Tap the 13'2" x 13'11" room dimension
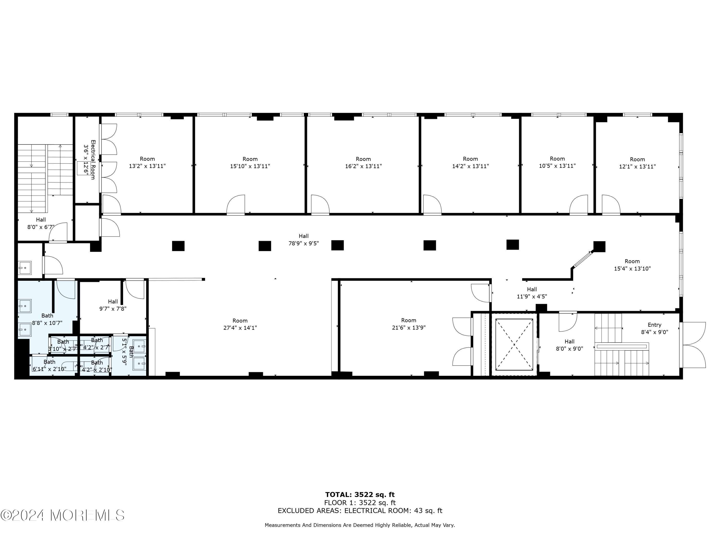[147, 166]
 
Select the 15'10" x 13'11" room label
[250, 162]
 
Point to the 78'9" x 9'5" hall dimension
[304, 243]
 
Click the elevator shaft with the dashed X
[514, 344]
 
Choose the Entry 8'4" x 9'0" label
[654, 328]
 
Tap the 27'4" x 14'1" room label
[240, 324]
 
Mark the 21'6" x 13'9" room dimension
[408, 327]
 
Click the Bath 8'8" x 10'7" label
[47, 319]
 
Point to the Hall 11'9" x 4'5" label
[532, 293]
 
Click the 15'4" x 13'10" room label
[632, 265]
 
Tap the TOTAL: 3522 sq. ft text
[360, 495]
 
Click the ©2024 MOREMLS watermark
[62, 515]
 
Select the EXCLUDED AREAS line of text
[360, 510]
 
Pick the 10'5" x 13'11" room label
[557, 162]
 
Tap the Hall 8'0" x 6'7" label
[41, 223]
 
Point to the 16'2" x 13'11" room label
[363, 162]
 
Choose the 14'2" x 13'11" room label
[470, 162]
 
